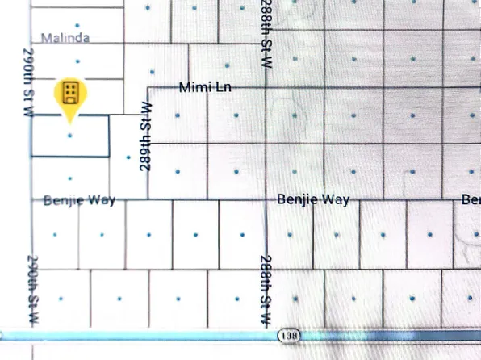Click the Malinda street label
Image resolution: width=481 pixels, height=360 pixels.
click(65, 38)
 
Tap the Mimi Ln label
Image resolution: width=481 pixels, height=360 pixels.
click(205, 86)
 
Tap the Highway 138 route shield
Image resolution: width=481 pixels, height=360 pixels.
click(288, 334)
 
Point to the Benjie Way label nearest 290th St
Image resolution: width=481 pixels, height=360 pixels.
click(79, 200)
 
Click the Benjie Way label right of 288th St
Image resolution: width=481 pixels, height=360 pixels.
click(313, 199)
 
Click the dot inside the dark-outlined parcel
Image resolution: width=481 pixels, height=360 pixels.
click(70, 136)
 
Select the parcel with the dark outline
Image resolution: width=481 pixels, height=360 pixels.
click(89, 145)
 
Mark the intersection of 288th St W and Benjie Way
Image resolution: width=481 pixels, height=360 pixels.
click(266, 199)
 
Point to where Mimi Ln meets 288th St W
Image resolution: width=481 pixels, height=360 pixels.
click(266, 86)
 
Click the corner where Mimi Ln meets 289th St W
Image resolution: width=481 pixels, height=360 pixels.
click(147, 86)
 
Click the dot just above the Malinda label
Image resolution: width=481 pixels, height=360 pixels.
click(77, 27)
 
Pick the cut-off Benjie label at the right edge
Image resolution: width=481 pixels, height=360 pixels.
click(471, 199)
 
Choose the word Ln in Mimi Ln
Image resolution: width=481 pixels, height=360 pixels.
click(222, 86)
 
